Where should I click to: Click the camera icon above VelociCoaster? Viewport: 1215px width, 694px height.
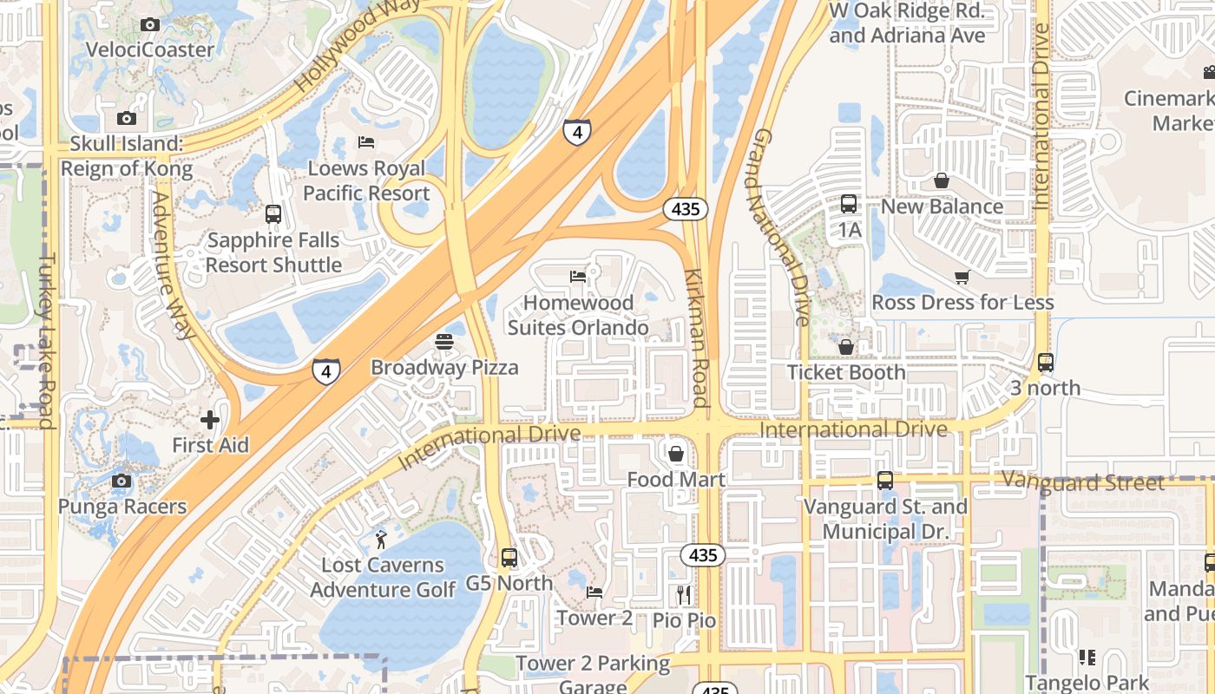tap(150, 25)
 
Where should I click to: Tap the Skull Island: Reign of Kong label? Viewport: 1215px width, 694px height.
tap(127, 156)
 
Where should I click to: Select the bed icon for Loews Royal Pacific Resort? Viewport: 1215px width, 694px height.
tap(366, 142)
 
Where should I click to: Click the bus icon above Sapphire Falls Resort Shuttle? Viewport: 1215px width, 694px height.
tap(273, 213)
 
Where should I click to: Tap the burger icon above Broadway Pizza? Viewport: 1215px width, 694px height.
tap(444, 342)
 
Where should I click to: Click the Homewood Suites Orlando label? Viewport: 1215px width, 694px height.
tap(578, 315)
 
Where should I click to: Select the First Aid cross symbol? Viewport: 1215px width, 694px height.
tap(209, 421)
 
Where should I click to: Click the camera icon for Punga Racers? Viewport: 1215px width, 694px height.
tap(122, 481)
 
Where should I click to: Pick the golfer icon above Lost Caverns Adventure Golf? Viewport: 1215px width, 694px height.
tap(381, 540)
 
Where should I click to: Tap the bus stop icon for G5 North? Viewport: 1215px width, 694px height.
tap(509, 558)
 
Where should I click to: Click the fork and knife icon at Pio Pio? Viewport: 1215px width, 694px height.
tap(684, 594)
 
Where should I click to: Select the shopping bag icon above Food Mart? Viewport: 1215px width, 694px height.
tap(676, 454)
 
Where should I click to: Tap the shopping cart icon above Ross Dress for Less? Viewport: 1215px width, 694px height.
tap(962, 277)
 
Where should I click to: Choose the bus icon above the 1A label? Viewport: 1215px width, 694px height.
tap(849, 204)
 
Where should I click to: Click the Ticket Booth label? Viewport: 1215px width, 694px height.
tap(846, 372)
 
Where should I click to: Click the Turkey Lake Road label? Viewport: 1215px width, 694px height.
tap(47, 340)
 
